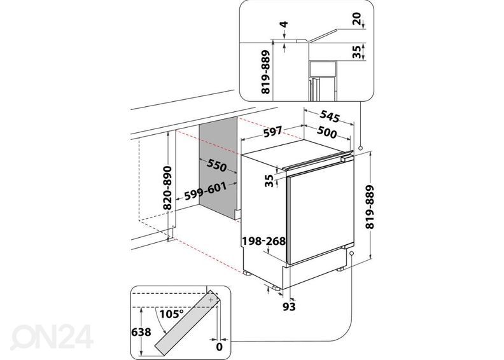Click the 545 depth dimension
pos(328,116)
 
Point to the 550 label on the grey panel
pos(216,167)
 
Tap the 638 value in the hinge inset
pos(140,331)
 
